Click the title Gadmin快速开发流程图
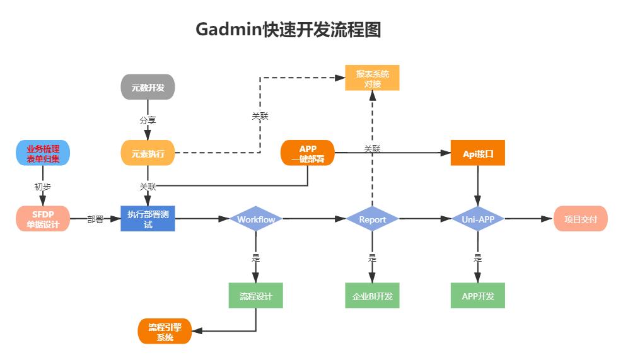289,30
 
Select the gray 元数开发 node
148,88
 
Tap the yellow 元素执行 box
148,153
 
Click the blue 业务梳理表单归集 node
43,153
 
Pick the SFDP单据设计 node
43,219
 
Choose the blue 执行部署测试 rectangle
148,219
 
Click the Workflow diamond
256,219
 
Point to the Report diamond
372,219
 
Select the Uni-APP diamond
478,219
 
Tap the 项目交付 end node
581,219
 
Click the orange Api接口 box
478,153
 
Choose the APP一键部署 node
308,153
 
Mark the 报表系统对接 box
372,78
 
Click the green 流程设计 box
256,296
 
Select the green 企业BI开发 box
372,296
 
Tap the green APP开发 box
478,296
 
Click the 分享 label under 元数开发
148,120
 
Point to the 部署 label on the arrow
95,219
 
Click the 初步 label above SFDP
43,187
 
